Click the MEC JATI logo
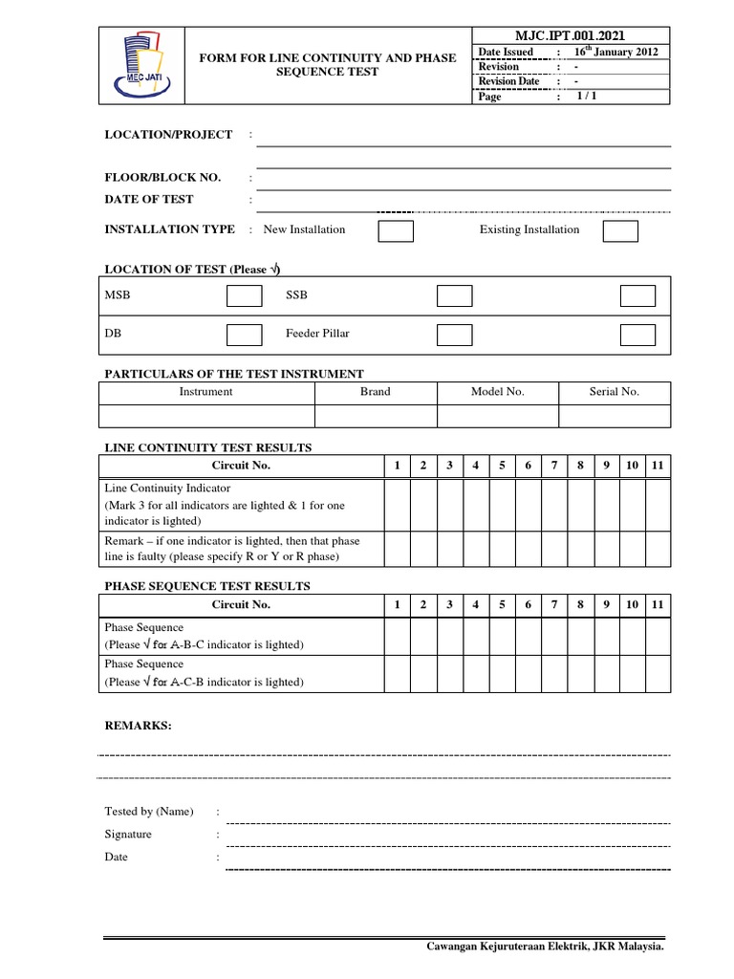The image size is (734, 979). point(142,62)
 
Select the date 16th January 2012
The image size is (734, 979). point(615,52)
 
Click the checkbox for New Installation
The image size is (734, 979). point(397,230)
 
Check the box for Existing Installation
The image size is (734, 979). point(620,230)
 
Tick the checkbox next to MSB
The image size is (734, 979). point(244,296)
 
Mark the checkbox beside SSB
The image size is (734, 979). point(454,296)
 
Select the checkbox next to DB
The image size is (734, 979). point(244,335)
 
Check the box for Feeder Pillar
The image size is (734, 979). point(454,335)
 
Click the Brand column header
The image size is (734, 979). point(375,392)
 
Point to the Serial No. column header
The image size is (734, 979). point(615,392)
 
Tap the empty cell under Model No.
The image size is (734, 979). point(497,416)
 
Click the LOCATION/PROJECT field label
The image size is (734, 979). point(168,135)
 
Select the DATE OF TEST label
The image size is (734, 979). point(149,200)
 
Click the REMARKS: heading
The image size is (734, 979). point(139,727)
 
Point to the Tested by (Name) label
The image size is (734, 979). point(149,812)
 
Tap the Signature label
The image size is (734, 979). point(128,835)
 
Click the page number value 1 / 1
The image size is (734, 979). point(583,97)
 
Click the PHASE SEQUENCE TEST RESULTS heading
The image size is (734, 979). point(207,586)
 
